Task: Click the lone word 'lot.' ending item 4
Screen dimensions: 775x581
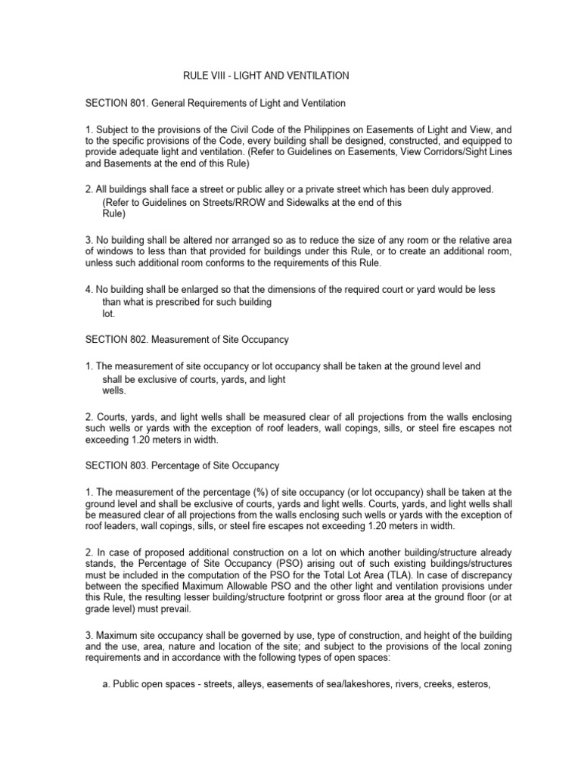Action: click(109, 314)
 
